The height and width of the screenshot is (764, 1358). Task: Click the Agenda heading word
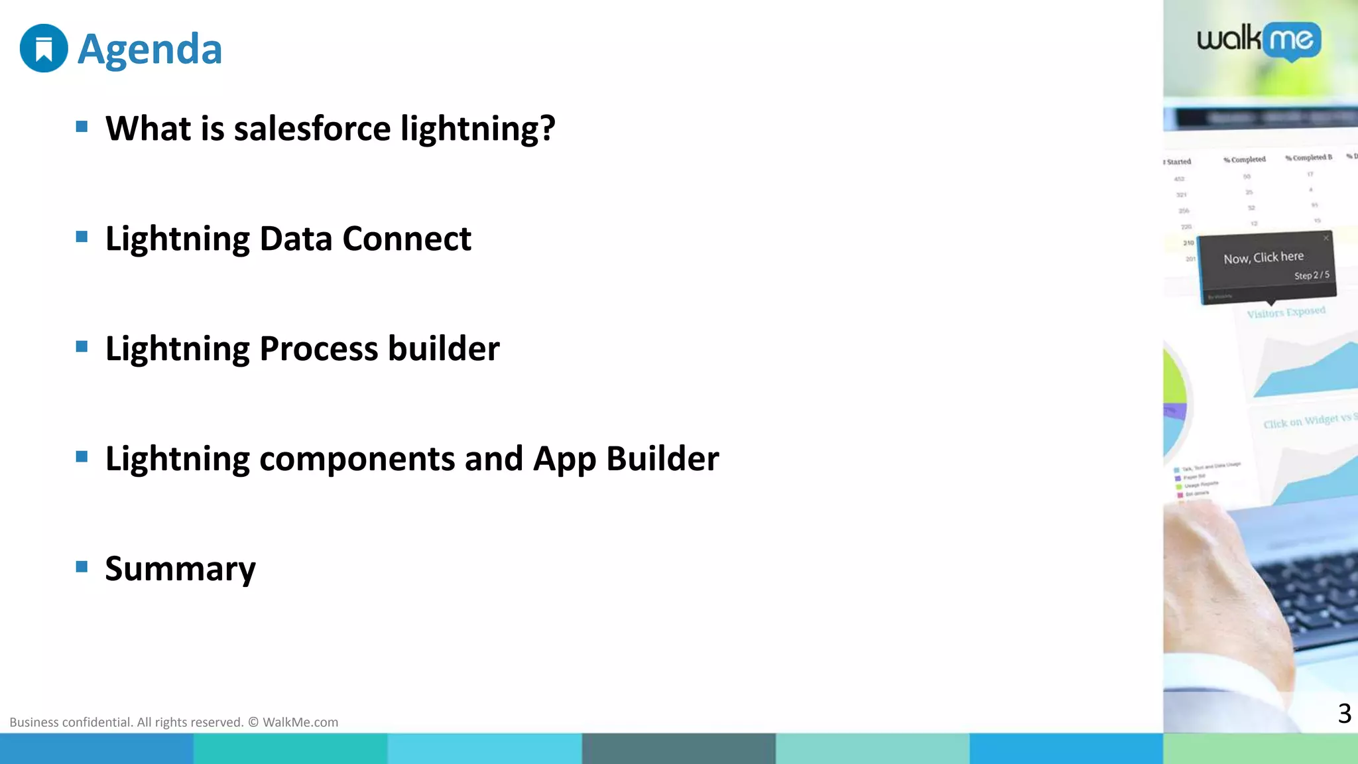150,50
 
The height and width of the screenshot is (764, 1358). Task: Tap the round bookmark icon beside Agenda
44,48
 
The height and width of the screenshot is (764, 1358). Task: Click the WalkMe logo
1259,41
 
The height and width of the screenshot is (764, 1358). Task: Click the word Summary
180,569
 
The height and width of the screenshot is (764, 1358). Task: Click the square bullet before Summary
82,566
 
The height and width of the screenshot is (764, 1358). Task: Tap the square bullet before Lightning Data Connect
82,237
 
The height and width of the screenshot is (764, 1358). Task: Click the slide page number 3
1344,714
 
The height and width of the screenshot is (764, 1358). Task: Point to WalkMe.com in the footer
300,722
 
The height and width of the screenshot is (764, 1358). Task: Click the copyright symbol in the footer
253,722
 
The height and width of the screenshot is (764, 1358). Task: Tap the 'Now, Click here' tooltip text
1263,257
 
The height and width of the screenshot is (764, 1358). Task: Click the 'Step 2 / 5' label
1311,275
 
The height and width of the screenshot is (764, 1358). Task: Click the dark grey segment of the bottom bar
678,749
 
